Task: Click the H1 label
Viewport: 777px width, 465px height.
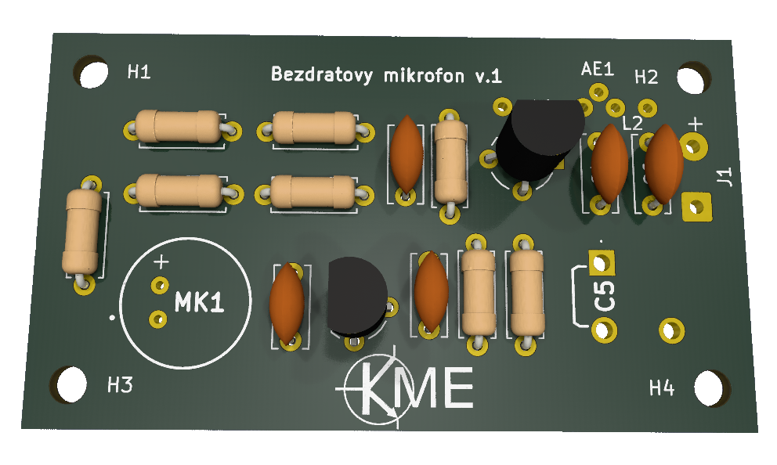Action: click(139, 72)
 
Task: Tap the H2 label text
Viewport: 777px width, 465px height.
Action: click(646, 77)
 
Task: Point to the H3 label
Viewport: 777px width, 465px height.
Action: click(120, 384)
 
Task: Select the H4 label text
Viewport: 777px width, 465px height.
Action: click(662, 387)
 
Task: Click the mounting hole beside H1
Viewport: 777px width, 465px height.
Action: click(92, 73)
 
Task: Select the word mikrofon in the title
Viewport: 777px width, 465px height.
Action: click(425, 76)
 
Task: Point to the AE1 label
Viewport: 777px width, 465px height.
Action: click(597, 69)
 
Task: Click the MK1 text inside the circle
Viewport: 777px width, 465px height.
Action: click(199, 302)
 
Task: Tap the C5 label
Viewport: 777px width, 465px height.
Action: click(605, 296)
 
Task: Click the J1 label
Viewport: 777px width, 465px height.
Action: click(725, 177)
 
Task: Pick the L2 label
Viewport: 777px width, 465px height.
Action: click(632, 124)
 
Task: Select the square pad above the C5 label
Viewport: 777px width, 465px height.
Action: click(601, 262)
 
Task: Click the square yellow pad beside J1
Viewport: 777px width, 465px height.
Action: click(696, 207)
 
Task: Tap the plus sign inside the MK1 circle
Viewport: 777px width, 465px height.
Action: click(161, 262)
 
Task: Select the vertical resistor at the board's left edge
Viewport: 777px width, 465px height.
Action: click(82, 232)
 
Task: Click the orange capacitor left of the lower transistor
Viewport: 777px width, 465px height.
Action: click(287, 303)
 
